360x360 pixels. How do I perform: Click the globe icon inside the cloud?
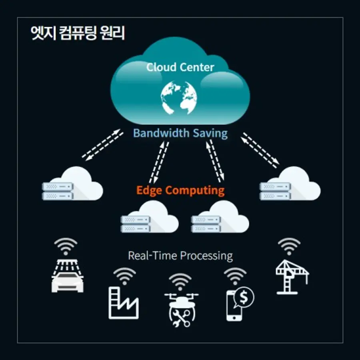(179, 97)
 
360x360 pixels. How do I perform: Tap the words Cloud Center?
(180, 67)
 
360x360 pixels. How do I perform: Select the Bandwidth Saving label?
(180, 133)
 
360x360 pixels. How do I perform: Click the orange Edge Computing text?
(180, 190)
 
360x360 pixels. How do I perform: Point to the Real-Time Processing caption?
(180, 255)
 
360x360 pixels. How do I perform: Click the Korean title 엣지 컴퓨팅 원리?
(78, 34)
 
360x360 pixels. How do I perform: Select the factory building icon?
(123, 304)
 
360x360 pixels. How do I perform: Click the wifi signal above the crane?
(289, 245)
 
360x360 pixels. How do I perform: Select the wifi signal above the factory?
(124, 275)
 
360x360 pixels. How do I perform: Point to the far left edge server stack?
(58, 191)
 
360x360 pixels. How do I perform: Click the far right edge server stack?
(275, 191)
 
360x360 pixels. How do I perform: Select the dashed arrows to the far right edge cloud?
(260, 150)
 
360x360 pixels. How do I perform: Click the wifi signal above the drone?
(180, 281)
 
